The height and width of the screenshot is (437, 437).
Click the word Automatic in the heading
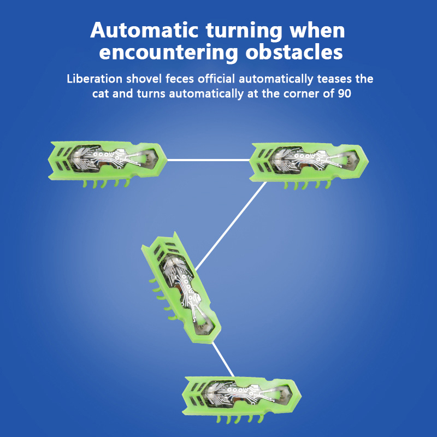[x=144, y=30]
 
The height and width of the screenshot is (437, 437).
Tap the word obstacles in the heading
[x=294, y=52]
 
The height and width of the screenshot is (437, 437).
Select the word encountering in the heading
[x=168, y=53]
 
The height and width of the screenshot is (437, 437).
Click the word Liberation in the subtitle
[x=95, y=79]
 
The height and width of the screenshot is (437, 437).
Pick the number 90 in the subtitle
[x=344, y=93]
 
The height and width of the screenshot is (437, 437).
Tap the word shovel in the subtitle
[x=144, y=79]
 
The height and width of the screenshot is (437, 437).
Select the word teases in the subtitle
[x=334, y=79]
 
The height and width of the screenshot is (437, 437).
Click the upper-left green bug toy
[x=107, y=162]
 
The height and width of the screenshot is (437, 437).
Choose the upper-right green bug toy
[x=309, y=164]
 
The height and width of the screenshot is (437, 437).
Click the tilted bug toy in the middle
[x=181, y=288]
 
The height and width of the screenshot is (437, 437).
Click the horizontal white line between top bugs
[x=209, y=160]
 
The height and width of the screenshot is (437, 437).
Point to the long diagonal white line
[x=231, y=226]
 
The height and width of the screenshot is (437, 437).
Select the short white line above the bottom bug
[x=223, y=359]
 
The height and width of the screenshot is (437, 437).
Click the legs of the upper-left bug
[x=107, y=183]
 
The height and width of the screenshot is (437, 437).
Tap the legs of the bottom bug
[x=240, y=418]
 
